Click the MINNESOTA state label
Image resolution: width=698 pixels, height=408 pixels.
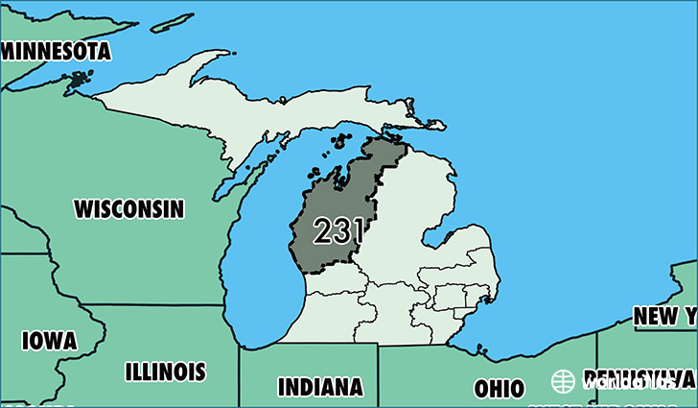pyautogui.click(x=56, y=52)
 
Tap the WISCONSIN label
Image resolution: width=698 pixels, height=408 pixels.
pyautogui.click(x=128, y=207)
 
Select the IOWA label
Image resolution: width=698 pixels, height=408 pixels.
pyautogui.click(x=49, y=341)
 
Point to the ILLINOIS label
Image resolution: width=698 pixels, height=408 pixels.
pyautogui.click(x=165, y=372)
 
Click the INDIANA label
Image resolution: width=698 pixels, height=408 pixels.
pyautogui.click(x=320, y=387)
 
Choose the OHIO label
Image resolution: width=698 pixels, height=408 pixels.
pyautogui.click(x=499, y=389)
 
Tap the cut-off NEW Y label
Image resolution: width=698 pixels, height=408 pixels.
pyautogui.click(x=664, y=316)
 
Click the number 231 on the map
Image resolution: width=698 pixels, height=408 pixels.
pyautogui.click(x=338, y=230)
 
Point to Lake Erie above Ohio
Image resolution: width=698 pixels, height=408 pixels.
pyautogui.click(x=537, y=331)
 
